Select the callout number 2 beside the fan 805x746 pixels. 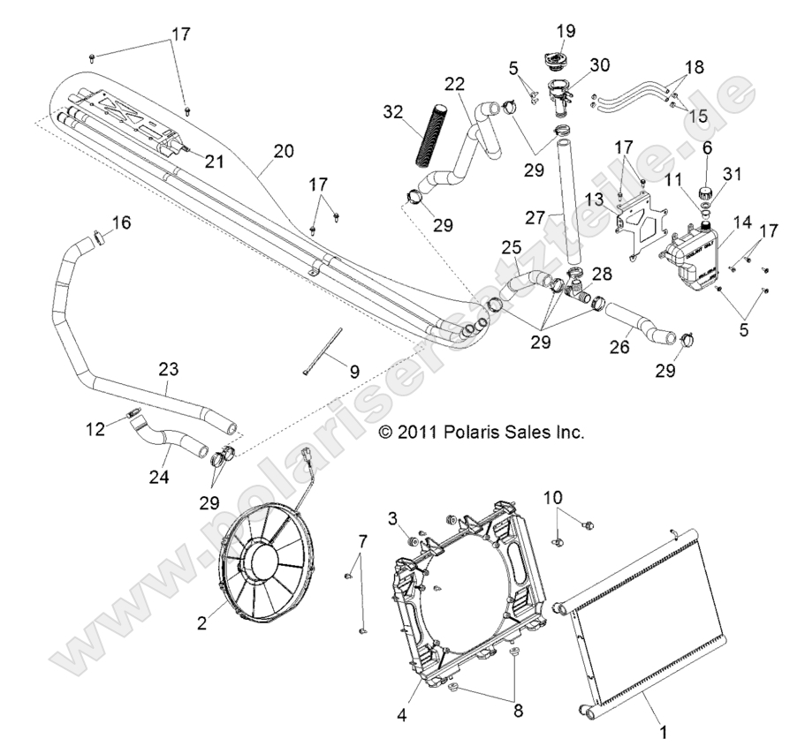(201, 623)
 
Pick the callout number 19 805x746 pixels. (565, 32)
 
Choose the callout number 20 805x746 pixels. (284, 151)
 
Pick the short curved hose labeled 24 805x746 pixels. (177, 436)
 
